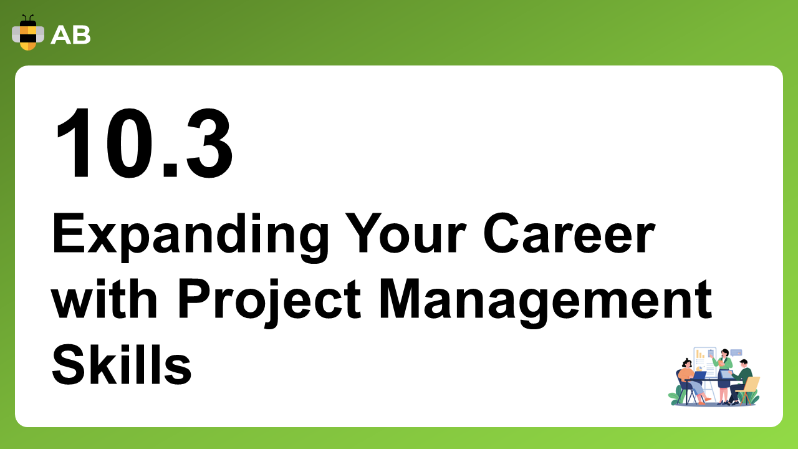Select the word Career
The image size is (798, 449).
point(569,233)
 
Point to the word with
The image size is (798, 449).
point(104,299)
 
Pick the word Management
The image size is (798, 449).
point(546,303)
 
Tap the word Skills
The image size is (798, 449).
point(122,364)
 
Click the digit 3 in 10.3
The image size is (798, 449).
point(209,143)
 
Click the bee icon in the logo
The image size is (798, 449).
point(28,33)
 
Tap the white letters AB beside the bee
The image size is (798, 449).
point(70,36)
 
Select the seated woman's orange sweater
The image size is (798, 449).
point(685,375)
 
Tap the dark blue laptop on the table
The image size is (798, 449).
point(699,375)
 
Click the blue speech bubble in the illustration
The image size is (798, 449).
point(736,353)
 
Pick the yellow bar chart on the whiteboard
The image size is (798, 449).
point(700,354)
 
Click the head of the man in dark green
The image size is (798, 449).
point(744,364)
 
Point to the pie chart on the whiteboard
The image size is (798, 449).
point(699,368)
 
